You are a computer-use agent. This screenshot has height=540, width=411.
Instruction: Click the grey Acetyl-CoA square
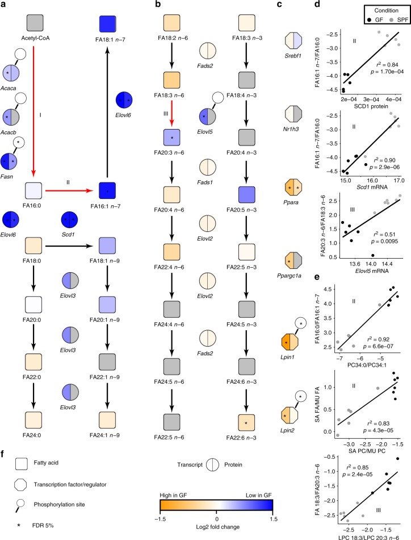tap(35, 23)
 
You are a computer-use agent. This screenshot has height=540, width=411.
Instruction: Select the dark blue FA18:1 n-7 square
tap(107, 24)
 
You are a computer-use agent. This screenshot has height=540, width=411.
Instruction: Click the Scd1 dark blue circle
tap(69, 220)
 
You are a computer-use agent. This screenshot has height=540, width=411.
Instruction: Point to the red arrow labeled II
tap(69, 190)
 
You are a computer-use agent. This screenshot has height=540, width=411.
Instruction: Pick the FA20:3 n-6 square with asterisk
tap(172, 137)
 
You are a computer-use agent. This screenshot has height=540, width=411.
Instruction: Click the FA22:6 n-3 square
tap(246, 422)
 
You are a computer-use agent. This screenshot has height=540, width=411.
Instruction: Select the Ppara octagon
tap(293, 188)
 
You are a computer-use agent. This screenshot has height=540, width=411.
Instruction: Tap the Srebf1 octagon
tap(293, 41)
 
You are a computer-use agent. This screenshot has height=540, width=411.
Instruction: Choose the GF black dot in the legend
tap(369, 20)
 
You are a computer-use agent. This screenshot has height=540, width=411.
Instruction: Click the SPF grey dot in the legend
tap(391, 20)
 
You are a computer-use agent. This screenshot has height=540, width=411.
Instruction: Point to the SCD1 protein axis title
tap(371, 106)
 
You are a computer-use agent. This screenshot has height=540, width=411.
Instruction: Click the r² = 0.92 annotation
tap(378, 339)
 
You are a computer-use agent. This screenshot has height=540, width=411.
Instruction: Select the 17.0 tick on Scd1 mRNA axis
tap(399, 180)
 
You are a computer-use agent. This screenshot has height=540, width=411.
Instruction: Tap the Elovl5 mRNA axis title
tap(371, 271)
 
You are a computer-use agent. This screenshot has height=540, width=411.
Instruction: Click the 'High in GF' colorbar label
tap(173, 495)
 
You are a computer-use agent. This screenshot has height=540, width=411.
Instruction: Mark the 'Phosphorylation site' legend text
tap(59, 505)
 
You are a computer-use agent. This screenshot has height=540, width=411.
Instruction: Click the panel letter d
tap(317, 4)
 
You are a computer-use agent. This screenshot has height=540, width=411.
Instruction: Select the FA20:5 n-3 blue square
tap(246, 194)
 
